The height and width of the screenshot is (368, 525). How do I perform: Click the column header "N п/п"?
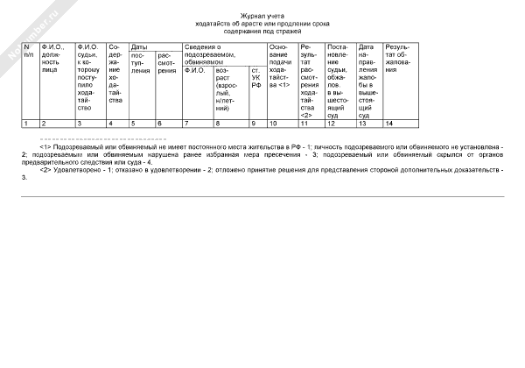[28, 50]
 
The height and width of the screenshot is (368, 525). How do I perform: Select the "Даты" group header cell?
[138, 46]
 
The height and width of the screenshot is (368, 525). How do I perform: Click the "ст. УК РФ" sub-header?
[256, 78]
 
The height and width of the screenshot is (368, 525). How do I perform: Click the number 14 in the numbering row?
[389, 124]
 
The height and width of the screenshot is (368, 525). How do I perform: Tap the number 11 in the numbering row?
[304, 124]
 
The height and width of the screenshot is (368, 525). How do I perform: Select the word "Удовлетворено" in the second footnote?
[74, 168]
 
